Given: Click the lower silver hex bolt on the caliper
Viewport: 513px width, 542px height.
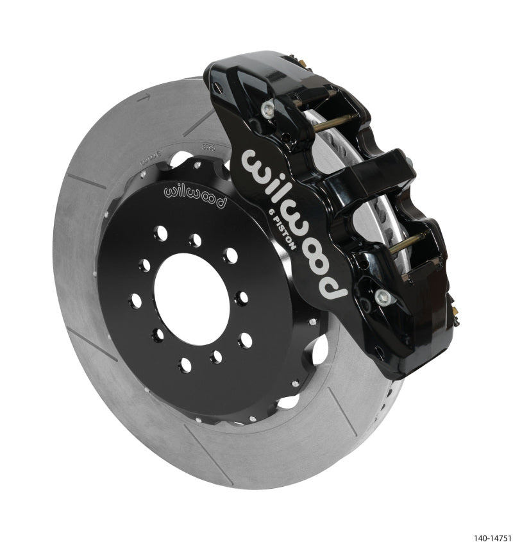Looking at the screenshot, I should pyautogui.click(x=383, y=296).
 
